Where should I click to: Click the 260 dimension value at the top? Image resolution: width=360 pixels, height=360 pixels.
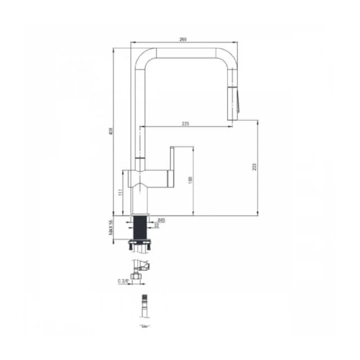coord(183,39)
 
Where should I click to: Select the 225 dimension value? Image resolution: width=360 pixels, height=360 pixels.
coord(185,124)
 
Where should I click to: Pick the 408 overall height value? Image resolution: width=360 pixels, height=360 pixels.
coord(111,132)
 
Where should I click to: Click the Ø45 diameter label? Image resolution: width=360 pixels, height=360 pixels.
coord(161,220)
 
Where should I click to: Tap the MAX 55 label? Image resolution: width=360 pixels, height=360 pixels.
coord(111,227)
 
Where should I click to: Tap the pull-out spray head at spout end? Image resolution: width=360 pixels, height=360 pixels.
coord(233,96)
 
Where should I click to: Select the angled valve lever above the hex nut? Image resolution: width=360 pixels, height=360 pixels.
coord(146,265)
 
